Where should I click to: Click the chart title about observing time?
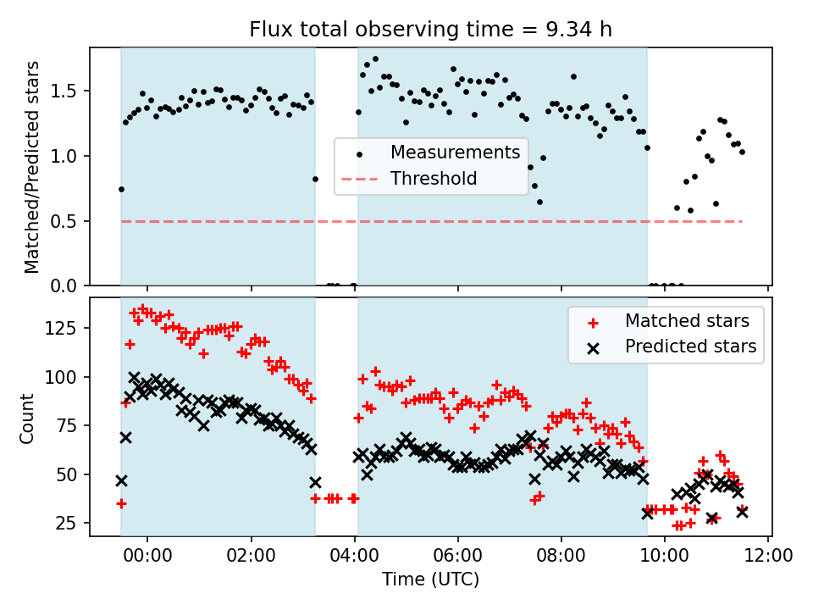[430, 30]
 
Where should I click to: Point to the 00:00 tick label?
[147, 558]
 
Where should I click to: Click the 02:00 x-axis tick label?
[252, 558]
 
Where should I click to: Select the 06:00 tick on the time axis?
[458, 558]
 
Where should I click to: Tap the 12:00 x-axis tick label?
[768, 558]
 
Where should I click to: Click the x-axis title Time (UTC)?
[430, 580]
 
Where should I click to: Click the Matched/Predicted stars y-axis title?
[32, 167]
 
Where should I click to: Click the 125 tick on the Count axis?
[66, 328]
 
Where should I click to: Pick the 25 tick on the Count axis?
[71, 524]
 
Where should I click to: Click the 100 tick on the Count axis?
[66, 376]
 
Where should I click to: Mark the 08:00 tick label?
[561, 558]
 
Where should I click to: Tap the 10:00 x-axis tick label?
[665, 558]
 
